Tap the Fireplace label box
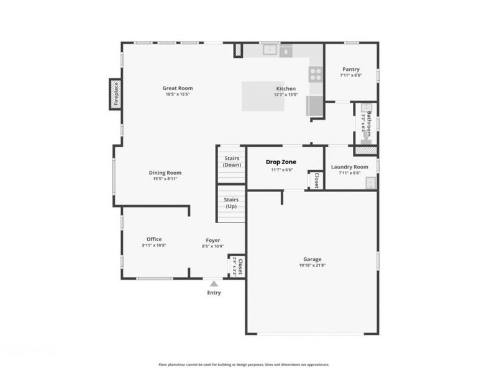point(114,94)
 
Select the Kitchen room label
point(286,88)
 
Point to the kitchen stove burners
point(316,75)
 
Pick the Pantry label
point(350,69)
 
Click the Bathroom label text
point(368,123)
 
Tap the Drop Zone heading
point(281,162)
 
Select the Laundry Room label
point(350,167)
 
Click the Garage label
point(312,259)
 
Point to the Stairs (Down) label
point(232,162)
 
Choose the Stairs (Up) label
point(231,203)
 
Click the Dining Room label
point(165,173)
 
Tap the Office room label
point(154,239)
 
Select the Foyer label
point(213,240)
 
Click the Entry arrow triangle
point(213,283)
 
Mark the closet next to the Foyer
point(237,266)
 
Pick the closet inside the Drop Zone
point(315,179)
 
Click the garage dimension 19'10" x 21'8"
point(312,265)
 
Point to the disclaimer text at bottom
point(244,365)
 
